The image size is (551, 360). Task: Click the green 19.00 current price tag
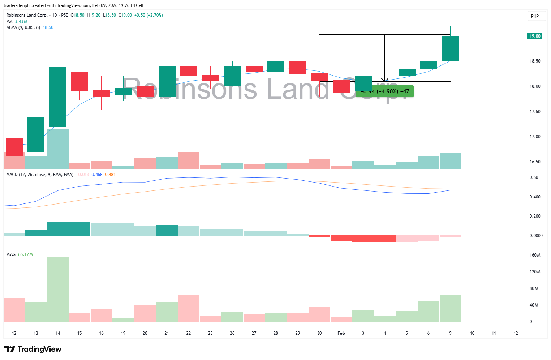(x=535, y=36)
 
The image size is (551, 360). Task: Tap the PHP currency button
(x=535, y=16)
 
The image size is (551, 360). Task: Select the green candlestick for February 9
(x=450, y=48)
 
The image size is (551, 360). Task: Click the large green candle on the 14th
(x=58, y=97)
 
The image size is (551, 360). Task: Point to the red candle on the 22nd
(x=189, y=71)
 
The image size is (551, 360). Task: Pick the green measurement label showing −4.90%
(x=385, y=91)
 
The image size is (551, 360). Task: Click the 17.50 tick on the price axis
(x=535, y=112)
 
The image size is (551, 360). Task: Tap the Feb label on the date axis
(x=341, y=333)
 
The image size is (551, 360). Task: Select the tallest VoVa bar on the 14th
(x=58, y=289)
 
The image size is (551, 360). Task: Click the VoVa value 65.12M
(x=25, y=254)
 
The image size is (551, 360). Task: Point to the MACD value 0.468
(x=97, y=175)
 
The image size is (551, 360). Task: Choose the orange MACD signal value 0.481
(x=110, y=175)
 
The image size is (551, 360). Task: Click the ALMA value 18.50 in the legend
(x=48, y=27)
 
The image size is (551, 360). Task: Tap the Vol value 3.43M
(x=21, y=21)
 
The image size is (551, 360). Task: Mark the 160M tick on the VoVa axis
(x=535, y=255)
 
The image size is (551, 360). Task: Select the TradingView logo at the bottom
(x=33, y=349)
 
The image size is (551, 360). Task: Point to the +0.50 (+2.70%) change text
(x=148, y=15)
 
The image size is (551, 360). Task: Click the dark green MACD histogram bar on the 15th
(x=79, y=228)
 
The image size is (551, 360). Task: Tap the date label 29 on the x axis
(x=297, y=333)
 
